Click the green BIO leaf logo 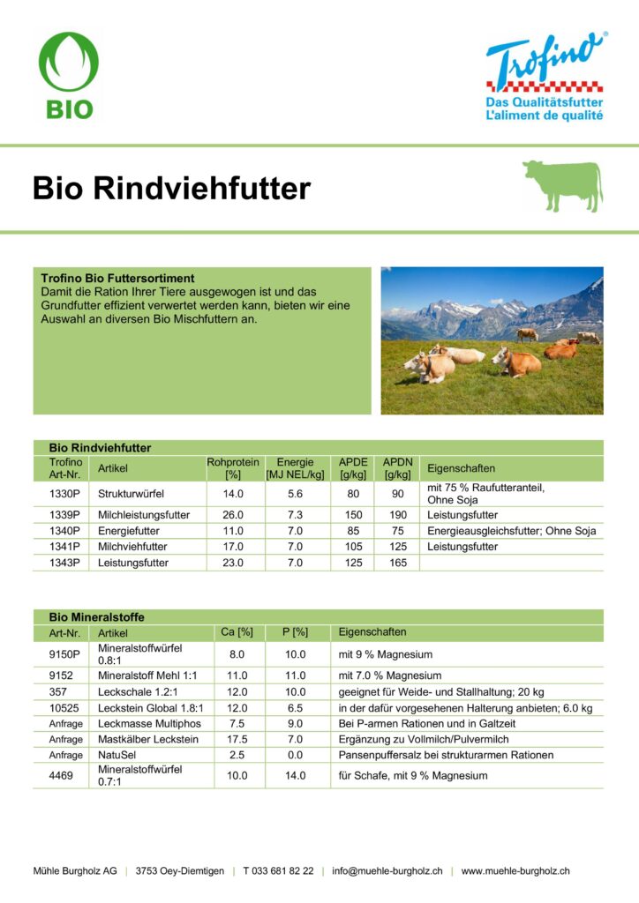[68, 76]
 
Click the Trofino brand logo [545, 77]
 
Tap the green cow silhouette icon [562, 185]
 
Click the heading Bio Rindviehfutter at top [172, 188]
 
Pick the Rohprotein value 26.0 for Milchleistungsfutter [233, 515]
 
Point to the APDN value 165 [398, 563]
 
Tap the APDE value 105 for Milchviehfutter [353, 547]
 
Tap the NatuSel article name [117, 755]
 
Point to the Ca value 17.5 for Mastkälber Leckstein [237, 739]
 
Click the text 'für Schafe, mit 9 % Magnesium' [413, 775]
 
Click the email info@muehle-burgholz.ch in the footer [387, 870]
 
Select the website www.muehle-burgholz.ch [515, 870]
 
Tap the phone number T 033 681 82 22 [278, 870]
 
